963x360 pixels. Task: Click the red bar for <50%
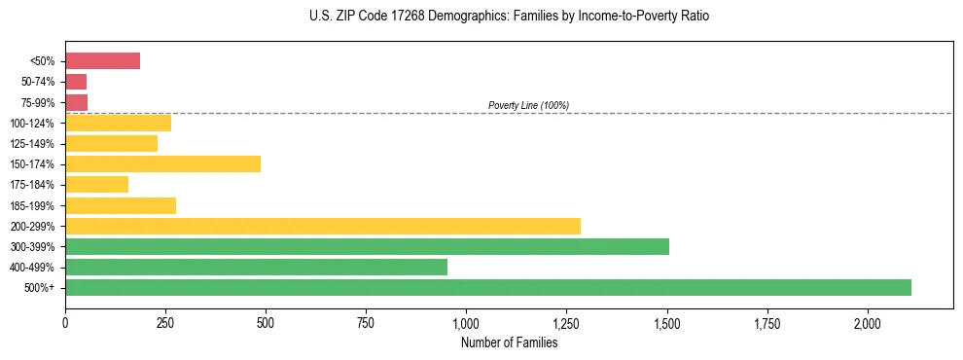point(102,61)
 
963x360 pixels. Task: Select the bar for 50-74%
point(76,82)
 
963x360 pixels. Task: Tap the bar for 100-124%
point(118,123)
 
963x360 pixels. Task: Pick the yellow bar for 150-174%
point(162,163)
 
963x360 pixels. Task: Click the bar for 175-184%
point(96,184)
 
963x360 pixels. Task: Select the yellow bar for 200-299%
point(322,226)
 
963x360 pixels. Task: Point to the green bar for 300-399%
point(367,246)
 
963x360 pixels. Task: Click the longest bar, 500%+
point(487,287)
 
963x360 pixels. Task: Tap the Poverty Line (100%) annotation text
point(528,105)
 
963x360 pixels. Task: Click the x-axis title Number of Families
point(509,342)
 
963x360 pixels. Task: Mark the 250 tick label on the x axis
point(165,322)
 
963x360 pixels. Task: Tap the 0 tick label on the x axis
point(65,322)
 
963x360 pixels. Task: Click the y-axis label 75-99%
point(39,102)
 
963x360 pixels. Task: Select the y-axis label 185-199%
point(35,205)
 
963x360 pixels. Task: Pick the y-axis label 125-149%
point(35,143)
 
